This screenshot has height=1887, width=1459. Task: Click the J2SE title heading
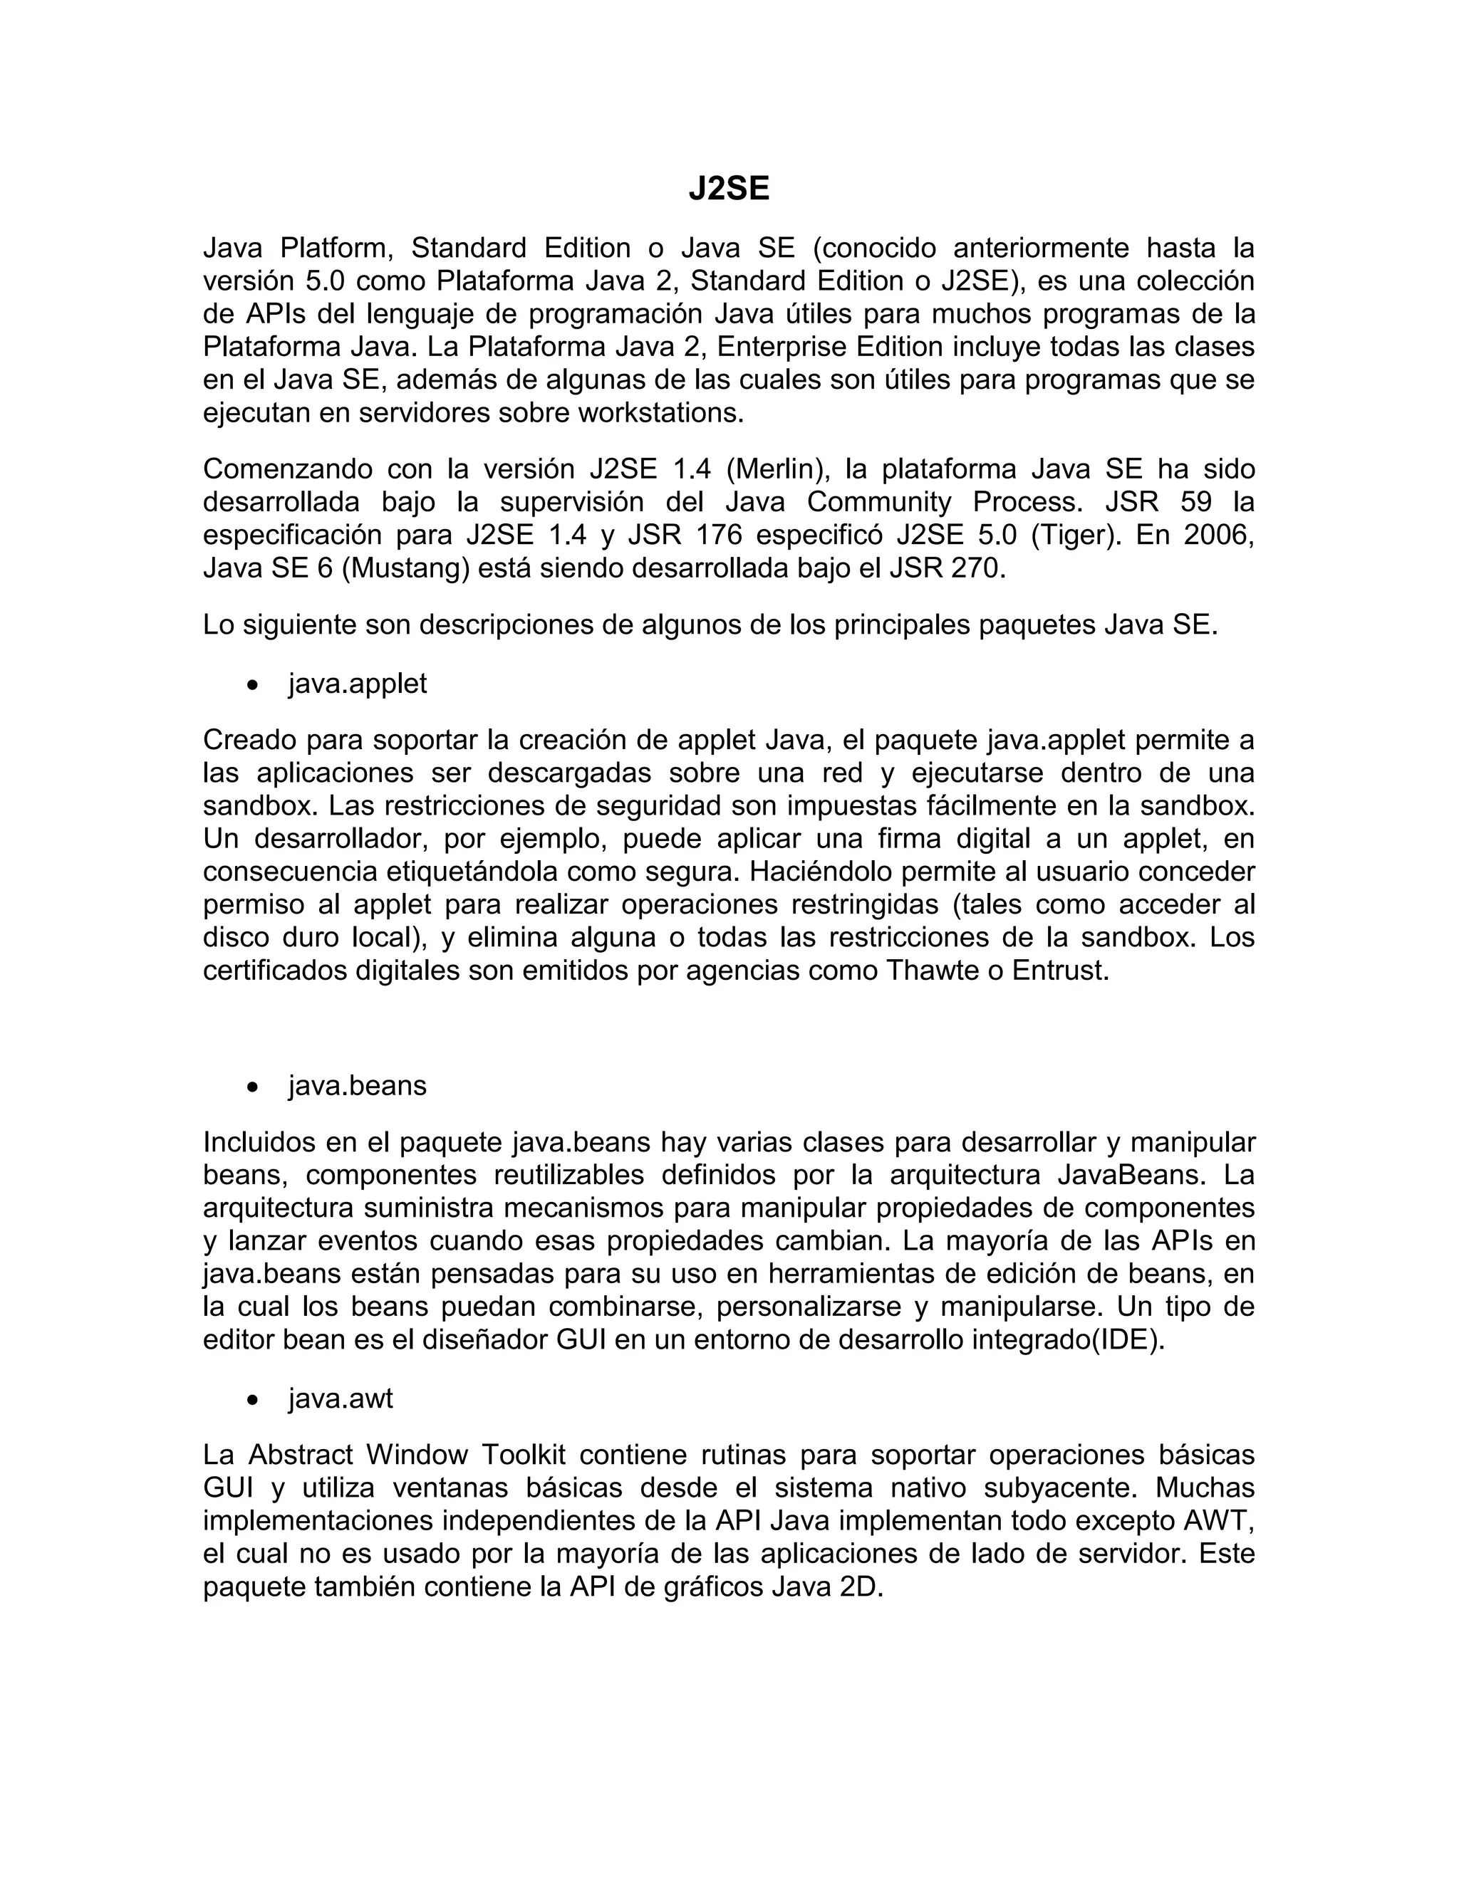729,189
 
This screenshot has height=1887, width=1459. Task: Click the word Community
879,502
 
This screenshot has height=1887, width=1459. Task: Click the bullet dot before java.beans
251,1087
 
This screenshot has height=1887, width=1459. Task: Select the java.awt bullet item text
341,1398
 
